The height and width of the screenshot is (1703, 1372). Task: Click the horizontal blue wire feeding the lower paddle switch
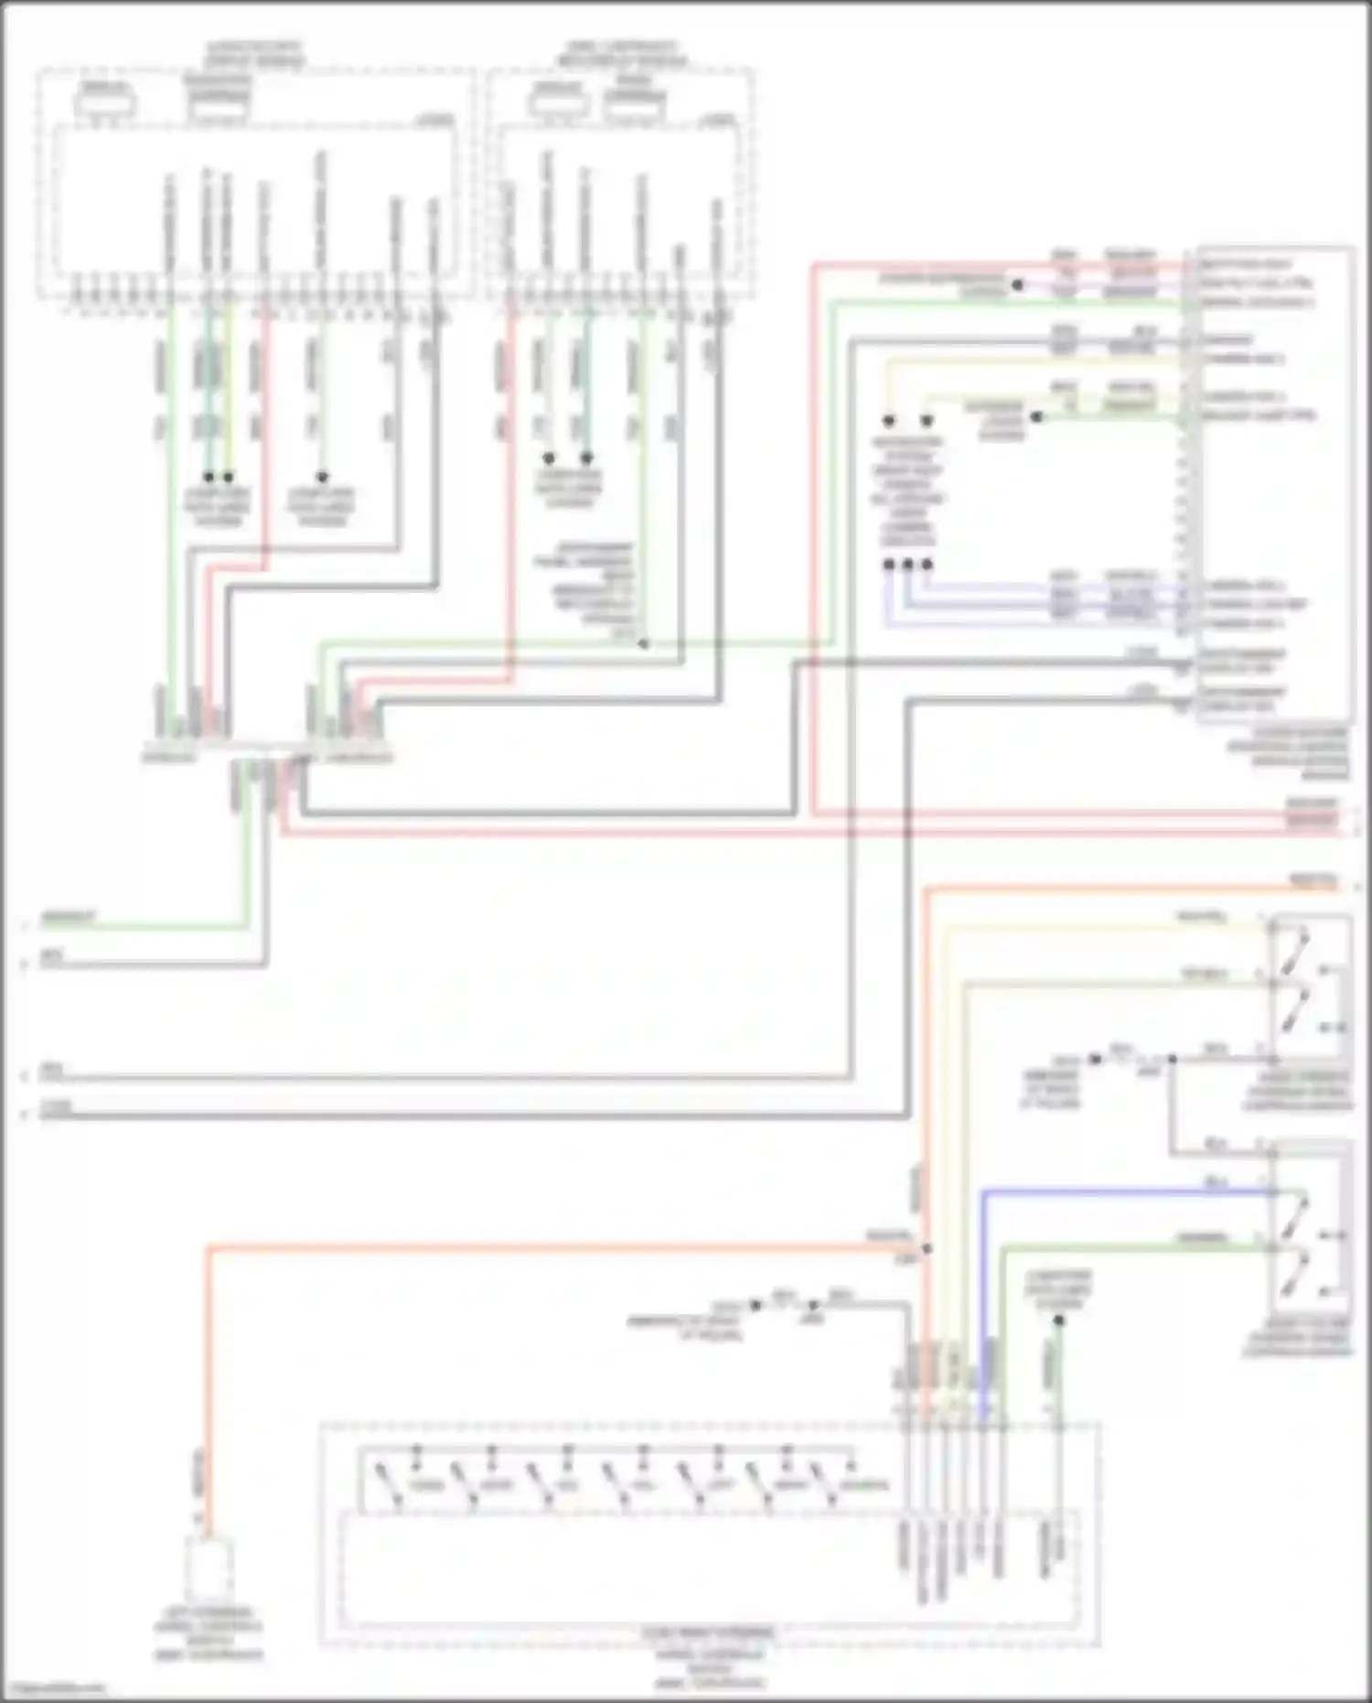click(1125, 1191)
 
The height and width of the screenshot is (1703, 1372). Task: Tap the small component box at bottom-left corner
click(209, 1568)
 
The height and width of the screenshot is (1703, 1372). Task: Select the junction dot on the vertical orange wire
click(927, 1248)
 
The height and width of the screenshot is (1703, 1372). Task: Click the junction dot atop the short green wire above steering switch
click(1058, 1320)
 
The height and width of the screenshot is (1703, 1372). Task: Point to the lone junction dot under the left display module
click(322, 477)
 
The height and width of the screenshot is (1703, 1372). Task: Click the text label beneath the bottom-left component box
click(209, 1633)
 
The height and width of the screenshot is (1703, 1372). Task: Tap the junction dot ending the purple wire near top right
click(1016, 286)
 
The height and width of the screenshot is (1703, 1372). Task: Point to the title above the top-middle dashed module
click(622, 53)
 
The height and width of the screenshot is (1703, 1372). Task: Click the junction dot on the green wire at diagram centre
click(643, 643)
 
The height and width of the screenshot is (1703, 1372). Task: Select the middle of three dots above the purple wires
click(907, 565)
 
